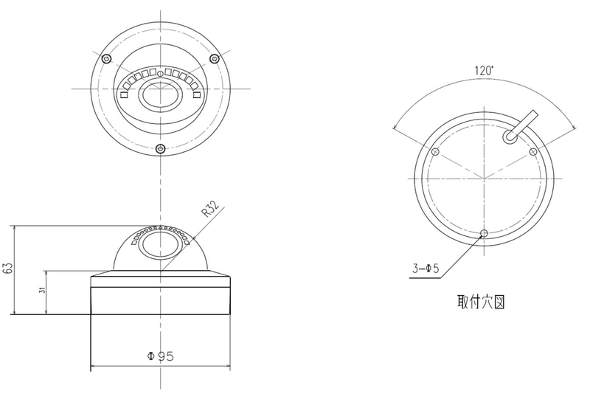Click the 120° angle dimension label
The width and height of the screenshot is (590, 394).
coord(484,70)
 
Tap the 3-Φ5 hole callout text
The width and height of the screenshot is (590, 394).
coord(426,269)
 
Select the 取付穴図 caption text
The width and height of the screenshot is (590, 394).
coord(481,302)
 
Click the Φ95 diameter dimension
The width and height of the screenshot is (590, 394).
coord(160,356)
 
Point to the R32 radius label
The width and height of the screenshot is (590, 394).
coord(211,210)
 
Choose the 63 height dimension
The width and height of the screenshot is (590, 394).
coord(8,268)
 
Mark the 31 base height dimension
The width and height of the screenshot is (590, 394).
coord(42,290)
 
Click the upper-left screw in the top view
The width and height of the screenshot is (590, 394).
coord(107,58)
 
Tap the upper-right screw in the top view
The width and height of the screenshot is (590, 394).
coord(214,58)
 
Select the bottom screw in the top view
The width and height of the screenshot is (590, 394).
coord(161,148)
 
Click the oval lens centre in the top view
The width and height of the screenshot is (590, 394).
coord(161,95)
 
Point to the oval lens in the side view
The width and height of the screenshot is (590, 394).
coord(159,245)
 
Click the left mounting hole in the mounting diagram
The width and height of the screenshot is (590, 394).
coord(436,152)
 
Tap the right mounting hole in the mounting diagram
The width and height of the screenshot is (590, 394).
coord(532,152)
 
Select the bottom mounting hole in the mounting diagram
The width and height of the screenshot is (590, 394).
coord(485,233)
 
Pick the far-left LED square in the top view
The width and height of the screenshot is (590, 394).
coord(124,95)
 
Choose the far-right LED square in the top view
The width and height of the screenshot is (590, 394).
coord(196,95)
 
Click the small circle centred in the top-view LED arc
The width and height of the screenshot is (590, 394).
coord(160,74)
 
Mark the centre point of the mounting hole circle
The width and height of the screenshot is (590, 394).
coord(485,178)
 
